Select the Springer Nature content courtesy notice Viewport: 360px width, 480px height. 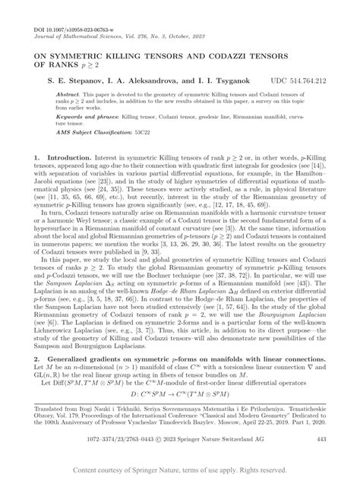180,472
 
